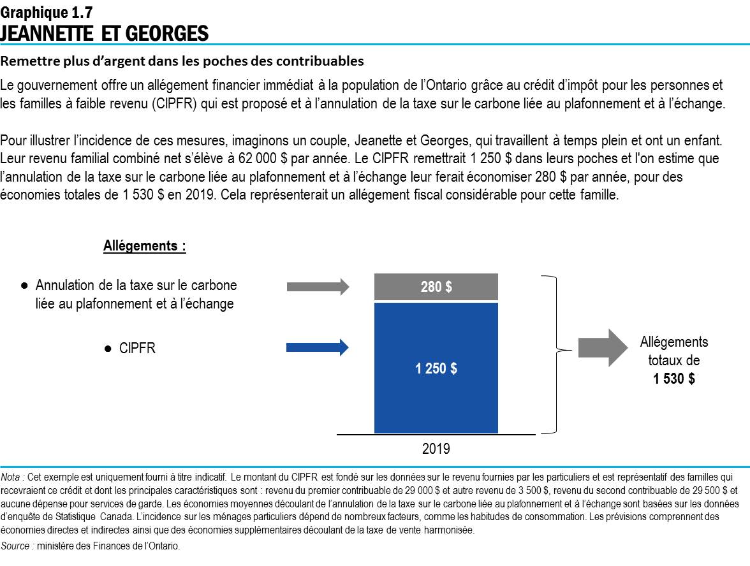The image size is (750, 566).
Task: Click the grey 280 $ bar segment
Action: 436,287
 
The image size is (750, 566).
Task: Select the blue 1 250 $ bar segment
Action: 436,368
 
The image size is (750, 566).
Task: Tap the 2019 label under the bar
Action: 436,449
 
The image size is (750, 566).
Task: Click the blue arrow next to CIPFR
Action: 318,347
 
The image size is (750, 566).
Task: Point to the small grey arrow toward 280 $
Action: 318,287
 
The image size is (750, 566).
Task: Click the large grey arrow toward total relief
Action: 603,347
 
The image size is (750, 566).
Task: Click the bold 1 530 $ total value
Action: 673,379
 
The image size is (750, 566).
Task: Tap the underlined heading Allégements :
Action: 145,246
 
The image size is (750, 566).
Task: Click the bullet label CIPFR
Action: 137,349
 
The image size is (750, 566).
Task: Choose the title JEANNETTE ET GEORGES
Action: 105,33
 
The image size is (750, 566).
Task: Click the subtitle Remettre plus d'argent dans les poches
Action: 182,62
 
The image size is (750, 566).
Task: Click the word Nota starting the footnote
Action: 12,476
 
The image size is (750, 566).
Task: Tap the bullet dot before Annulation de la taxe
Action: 24,286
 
